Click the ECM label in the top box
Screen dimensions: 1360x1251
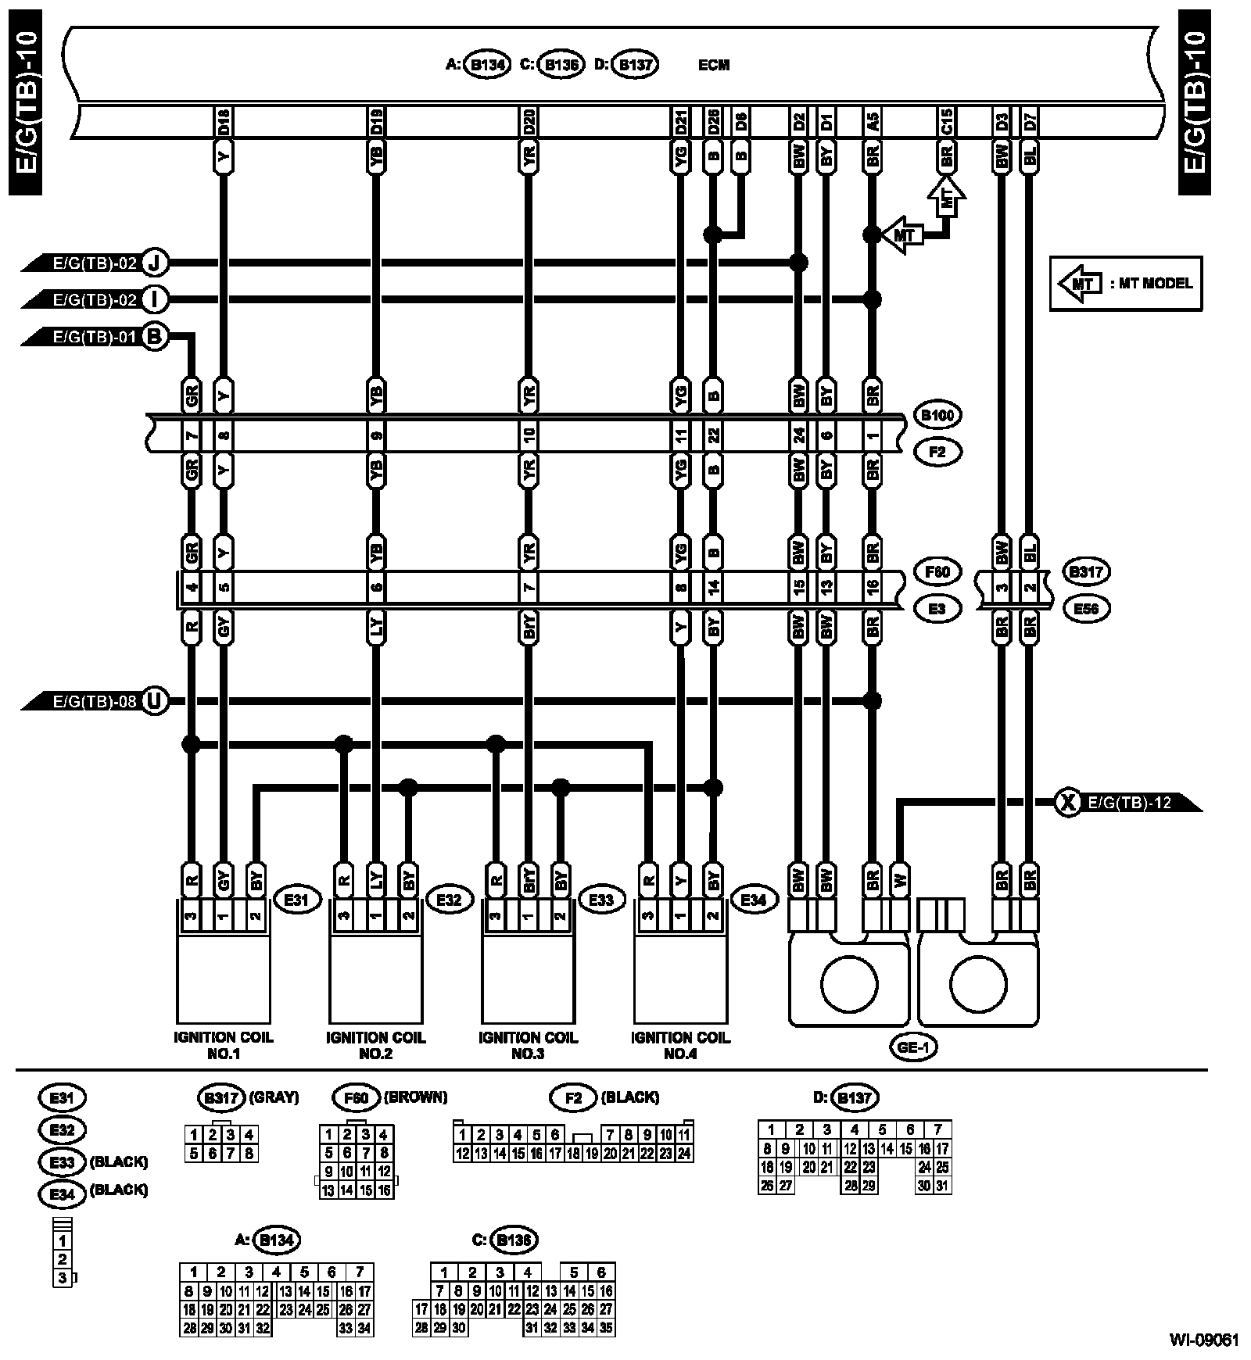713,65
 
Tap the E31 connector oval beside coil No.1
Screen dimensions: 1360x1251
297,900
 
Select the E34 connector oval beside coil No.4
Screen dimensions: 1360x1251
753,900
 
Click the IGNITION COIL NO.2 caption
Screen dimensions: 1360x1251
375,1045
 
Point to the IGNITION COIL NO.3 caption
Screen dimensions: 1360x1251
528,1045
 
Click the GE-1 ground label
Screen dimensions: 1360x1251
913,1047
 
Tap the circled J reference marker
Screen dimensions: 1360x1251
155,263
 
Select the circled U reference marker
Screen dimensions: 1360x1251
155,701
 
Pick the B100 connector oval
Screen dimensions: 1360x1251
937,415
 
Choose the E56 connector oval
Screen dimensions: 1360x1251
1086,608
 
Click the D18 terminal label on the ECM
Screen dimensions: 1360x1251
224,121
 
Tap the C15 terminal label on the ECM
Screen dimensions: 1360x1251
946,121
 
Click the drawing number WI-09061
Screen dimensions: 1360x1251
1204,1340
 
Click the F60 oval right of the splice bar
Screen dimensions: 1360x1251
937,571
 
